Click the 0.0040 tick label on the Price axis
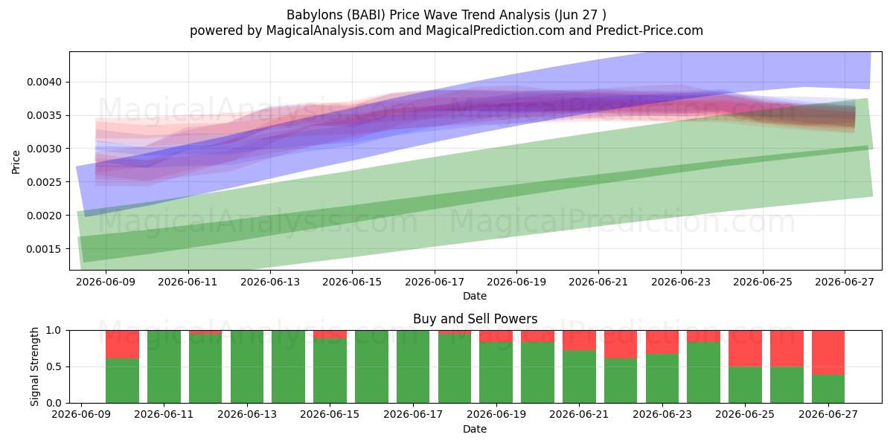pos(44,82)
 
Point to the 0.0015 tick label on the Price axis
pos(44,249)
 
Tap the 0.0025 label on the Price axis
pos(44,182)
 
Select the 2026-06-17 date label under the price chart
pos(435,282)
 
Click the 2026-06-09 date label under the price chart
pos(106,282)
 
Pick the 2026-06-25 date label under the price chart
pos(763,282)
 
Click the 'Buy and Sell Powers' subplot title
pos(476,319)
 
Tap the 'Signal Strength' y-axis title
pos(35,366)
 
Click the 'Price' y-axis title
pos(16,162)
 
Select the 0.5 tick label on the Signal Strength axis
pos(54,366)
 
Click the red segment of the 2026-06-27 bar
pos(828,352)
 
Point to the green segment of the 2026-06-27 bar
pos(828,389)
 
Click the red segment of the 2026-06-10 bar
pos(122,344)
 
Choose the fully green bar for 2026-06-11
pos(164,366)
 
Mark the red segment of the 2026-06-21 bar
pos(579,340)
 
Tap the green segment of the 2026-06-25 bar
pos(745,385)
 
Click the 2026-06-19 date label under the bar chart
pos(496,414)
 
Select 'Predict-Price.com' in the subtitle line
pos(650,30)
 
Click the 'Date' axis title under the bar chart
pos(475,430)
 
